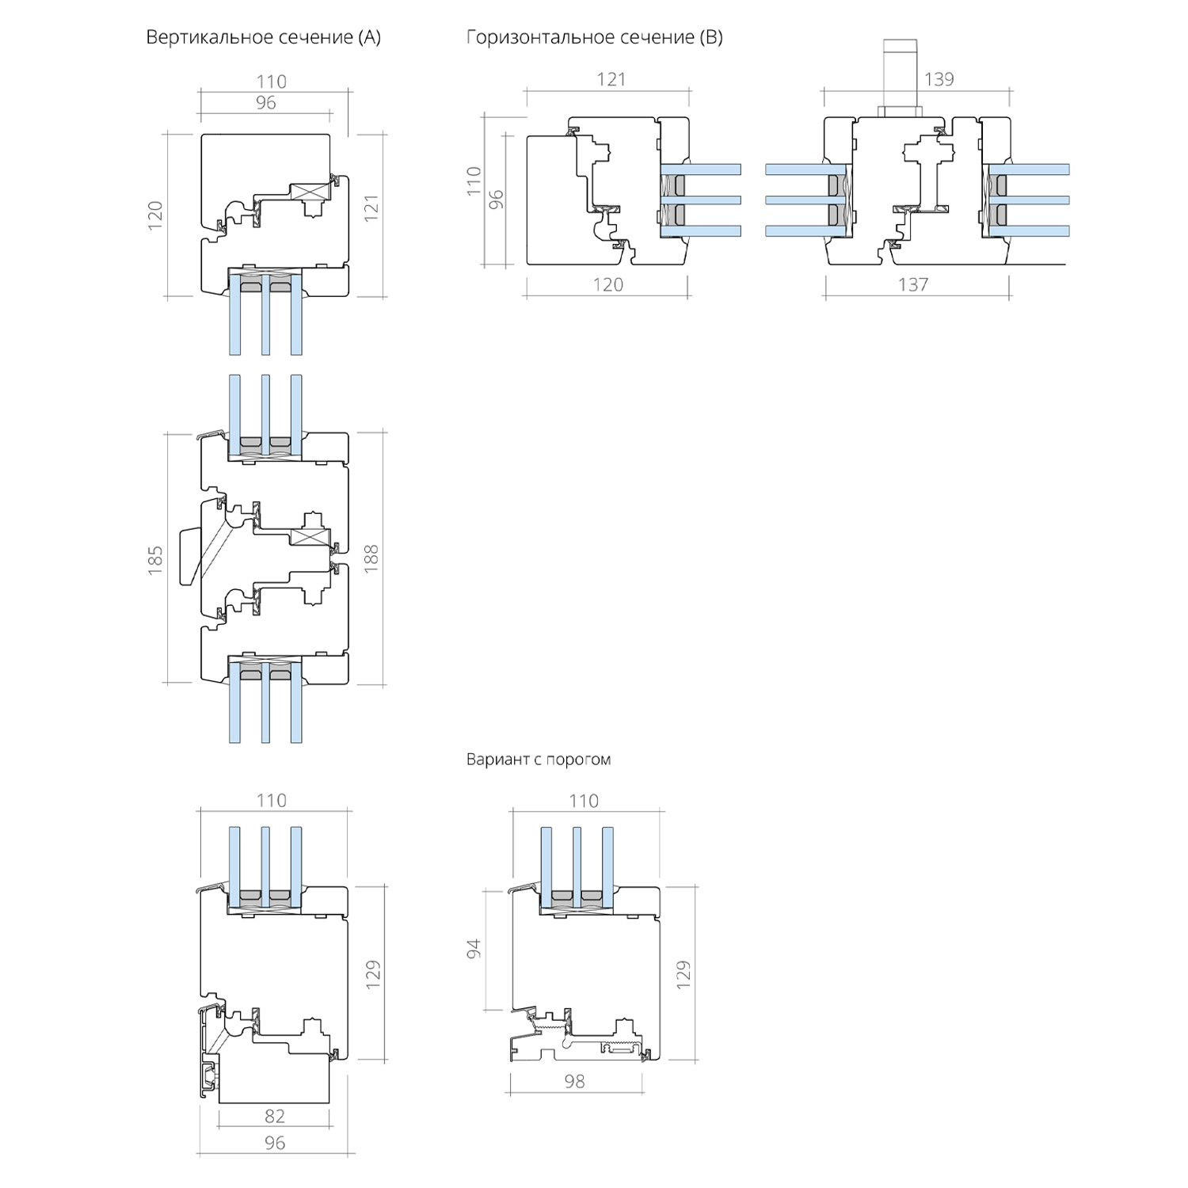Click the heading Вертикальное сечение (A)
263,37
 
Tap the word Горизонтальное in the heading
535,37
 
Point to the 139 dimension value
939,79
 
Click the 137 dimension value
913,284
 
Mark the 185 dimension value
155,559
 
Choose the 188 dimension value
371,558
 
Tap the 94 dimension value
474,949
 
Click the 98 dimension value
575,1081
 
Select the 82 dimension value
274,1116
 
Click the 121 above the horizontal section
611,79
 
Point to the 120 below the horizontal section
608,284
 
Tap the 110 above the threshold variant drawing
584,802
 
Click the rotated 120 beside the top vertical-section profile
155,215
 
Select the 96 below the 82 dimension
274,1143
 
